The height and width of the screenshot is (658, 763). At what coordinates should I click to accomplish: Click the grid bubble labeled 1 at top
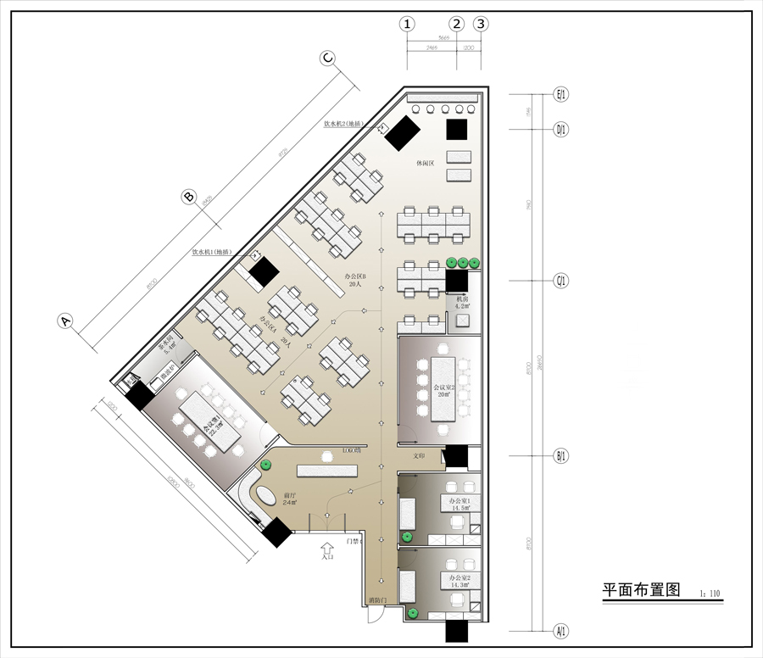click(x=408, y=24)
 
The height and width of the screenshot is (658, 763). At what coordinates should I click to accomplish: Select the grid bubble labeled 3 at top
click(x=481, y=24)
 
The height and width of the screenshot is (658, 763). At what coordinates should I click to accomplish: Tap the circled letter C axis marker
click(x=327, y=58)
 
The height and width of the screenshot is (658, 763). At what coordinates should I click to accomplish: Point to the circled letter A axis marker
click(x=64, y=321)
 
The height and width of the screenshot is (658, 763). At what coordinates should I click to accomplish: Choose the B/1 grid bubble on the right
click(x=560, y=456)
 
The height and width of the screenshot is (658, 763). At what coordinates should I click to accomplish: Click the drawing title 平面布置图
click(x=642, y=590)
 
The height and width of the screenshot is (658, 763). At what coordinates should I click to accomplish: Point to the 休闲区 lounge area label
click(x=425, y=162)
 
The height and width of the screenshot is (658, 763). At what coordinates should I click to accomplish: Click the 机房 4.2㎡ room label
click(x=462, y=303)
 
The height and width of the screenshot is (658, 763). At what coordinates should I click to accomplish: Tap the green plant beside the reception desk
click(x=265, y=464)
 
